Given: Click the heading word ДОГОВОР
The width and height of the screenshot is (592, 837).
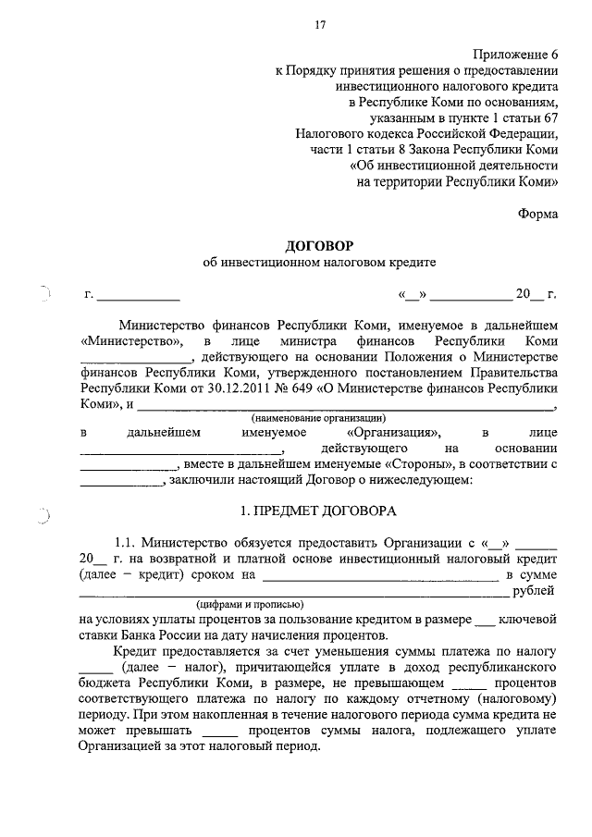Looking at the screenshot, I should [319, 245].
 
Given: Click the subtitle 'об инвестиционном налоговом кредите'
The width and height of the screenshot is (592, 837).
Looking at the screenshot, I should [319, 263].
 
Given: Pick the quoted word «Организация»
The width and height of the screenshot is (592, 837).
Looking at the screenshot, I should [394, 433].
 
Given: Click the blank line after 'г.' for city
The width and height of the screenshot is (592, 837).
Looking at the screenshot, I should [139, 298].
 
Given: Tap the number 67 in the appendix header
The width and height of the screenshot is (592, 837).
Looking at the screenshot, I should [549, 117].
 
